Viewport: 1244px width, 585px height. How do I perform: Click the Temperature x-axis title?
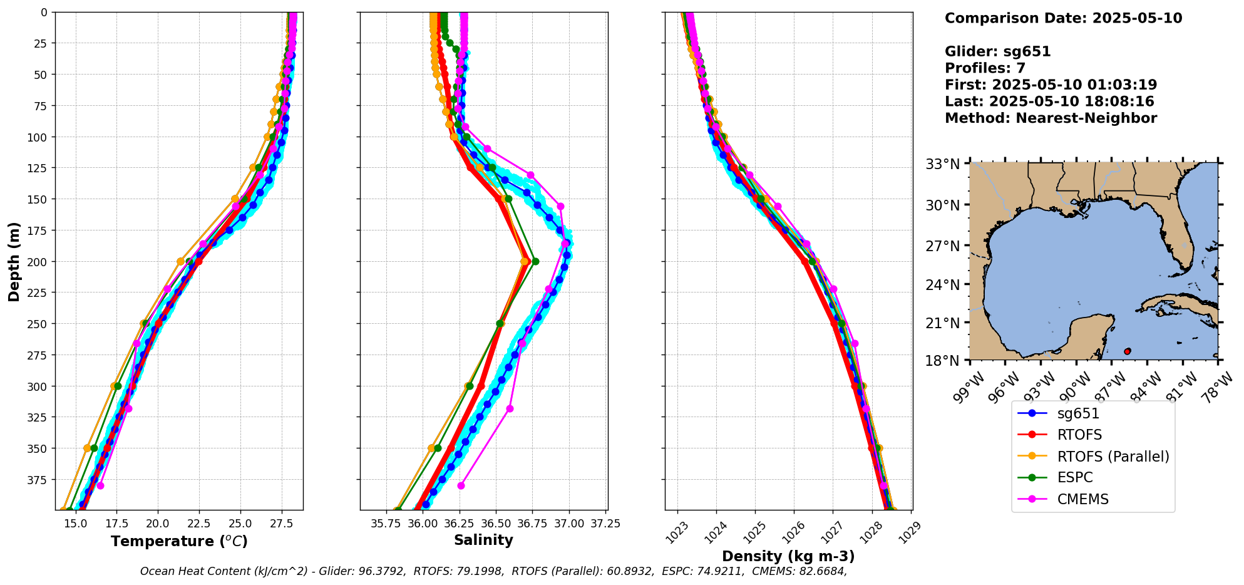tap(179, 541)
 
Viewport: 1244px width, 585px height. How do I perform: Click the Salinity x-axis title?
tap(483, 540)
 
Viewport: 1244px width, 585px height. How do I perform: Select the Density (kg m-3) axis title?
tap(788, 556)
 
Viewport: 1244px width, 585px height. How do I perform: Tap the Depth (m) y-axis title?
tap(14, 261)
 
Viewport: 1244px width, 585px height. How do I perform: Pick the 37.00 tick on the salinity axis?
tap(569, 524)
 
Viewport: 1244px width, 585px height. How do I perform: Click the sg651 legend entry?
tap(1078, 413)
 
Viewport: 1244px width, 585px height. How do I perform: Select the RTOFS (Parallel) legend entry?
tap(1113, 457)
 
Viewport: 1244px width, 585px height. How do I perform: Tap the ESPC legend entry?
tap(1074, 478)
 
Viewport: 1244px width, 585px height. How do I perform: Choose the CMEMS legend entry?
tap(1082, 499)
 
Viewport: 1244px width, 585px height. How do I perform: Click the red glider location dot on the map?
tap(1127, 351)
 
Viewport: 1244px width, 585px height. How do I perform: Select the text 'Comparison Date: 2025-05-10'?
tap(1063, 18)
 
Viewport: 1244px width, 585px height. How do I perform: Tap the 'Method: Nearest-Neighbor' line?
tap(1051, 118)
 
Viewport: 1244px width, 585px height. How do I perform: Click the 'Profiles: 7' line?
tap(985, 68)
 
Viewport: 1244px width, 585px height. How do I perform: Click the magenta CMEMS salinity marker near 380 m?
tap(461, 485)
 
